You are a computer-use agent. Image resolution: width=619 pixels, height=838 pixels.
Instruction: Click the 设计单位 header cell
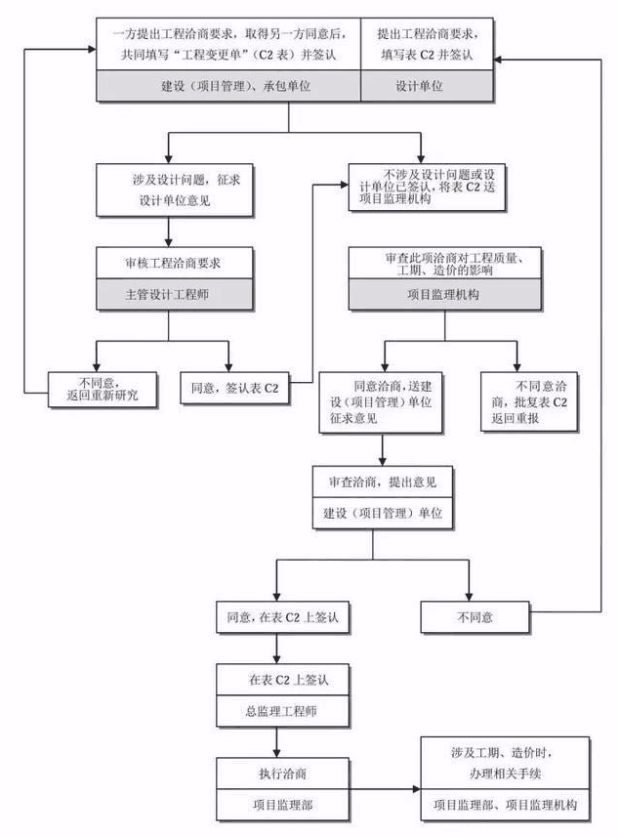click(x=419, y=86)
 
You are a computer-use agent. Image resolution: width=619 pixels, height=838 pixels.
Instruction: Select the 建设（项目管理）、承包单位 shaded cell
click(x=227, y=86)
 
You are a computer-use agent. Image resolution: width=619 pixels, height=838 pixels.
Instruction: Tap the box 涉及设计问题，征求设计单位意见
click(x=170, y=189)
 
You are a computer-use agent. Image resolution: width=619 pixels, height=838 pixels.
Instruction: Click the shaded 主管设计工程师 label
click(x=170, y=293)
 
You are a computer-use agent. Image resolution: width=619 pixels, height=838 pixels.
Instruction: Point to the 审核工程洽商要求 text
click(x=170, y=262)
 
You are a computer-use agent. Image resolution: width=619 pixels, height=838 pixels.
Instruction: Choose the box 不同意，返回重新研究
click(x=102, y=388)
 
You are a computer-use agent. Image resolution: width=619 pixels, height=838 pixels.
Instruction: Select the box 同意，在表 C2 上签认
click(x=277, y=618)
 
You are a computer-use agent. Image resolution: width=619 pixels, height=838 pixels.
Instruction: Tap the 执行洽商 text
click(x=278, y=772)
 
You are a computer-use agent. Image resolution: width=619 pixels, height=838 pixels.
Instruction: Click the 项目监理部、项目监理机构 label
click(x=506, y=806)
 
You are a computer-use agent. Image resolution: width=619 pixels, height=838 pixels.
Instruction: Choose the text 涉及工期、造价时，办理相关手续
click(x=506, y=759)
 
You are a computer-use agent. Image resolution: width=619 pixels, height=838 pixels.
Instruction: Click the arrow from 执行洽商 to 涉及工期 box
click(x=380, y=787)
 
